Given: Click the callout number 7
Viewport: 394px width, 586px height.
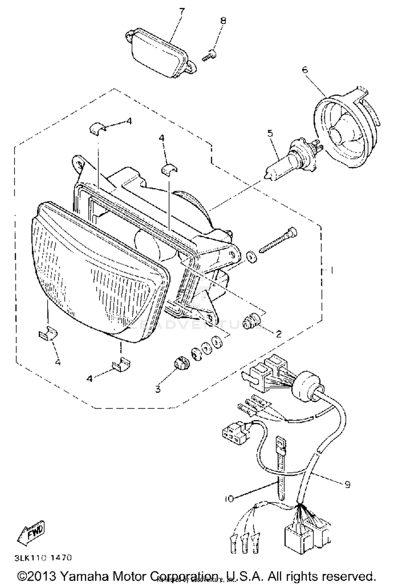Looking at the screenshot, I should coord(182,12).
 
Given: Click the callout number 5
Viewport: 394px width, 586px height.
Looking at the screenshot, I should coord(270,133).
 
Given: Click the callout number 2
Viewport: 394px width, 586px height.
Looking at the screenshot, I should coord(278,334).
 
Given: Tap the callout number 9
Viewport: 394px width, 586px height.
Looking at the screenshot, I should coord(347,484).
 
